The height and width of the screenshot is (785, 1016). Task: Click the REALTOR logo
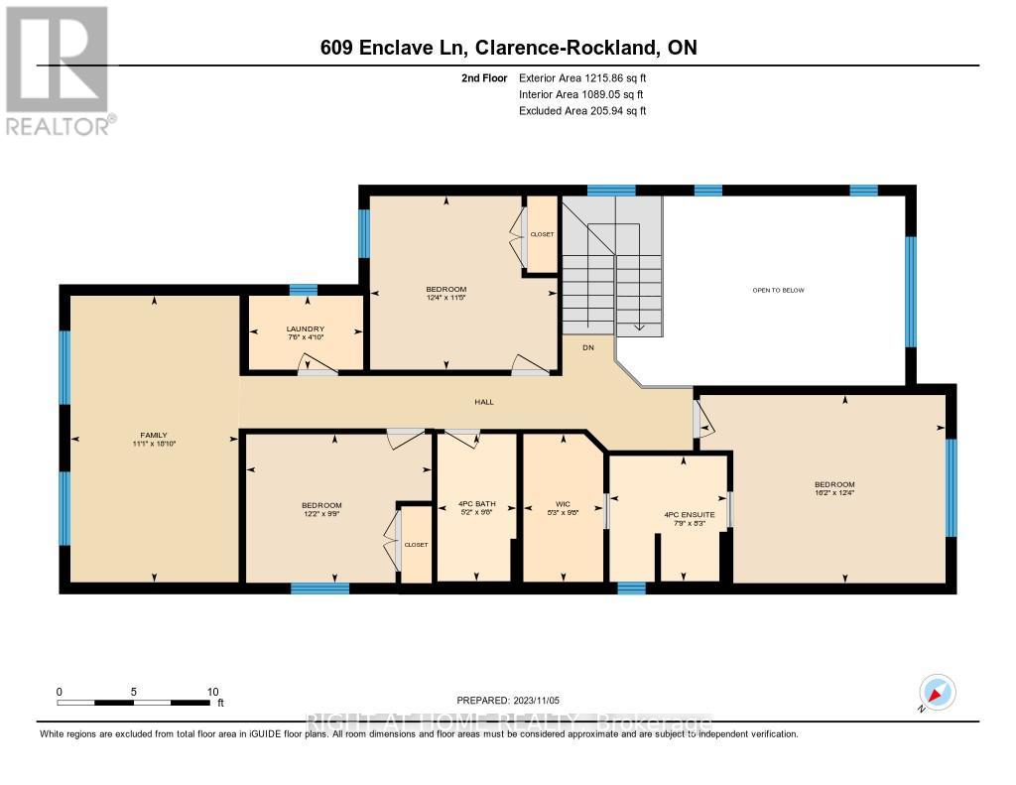pyautogui.click(x=58, y=69)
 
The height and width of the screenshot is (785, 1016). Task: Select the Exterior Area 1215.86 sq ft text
pyautogui.click(x=582, y=77)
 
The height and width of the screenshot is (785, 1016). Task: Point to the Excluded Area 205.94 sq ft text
pyautogui.click(x=582, y=111)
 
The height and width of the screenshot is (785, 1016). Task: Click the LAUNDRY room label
pyautogui.click(x=306, y=329)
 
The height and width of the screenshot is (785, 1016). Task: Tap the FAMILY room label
pyautogui.click(x=154, y=435)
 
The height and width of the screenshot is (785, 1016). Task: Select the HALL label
pyautogui.click(x=483, y=402)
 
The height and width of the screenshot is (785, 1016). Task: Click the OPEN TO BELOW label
pyautogui.click(x=778, y=290)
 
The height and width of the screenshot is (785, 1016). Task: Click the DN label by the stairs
pyautogui.click(x=587, y=347)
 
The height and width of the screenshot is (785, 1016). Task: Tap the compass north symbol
pyautogui.click(x=937, y=692)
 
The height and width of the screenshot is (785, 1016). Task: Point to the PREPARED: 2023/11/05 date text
pyautogui.click(x=514, y=699)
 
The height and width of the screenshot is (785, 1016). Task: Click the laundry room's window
pyautogui.click(x=303, y=289)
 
